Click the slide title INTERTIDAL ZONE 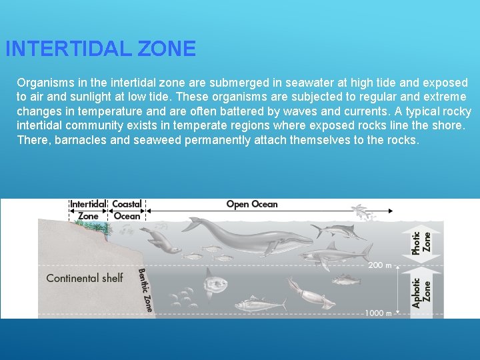coord(101,49)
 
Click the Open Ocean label coord(252,204)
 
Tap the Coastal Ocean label coord(127,210)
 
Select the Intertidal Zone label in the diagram coord(87,210)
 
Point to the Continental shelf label coord(85,278)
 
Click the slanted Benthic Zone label coord(145,289)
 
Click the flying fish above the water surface coord(363,211)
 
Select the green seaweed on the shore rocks coord(101,226)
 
